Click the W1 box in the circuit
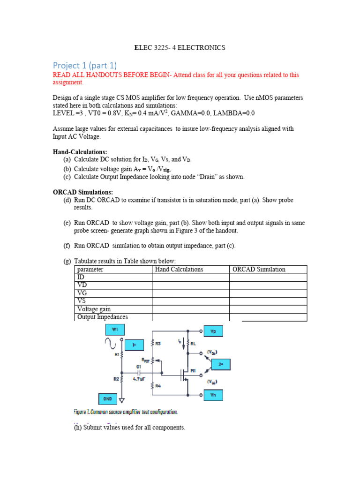(x=115, y=330)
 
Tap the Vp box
(x=213, y=331)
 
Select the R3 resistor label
(x=158, y=344)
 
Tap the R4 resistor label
(x=158, y=386)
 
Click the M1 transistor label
(x=193, y=370)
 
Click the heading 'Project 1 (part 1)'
(x=84, y=65)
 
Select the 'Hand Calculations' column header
(x=179, y=270)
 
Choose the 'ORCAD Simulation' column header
(x=259, y=270)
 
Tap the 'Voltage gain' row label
(x=94, y=309)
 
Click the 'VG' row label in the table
(x=81, y=293)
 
